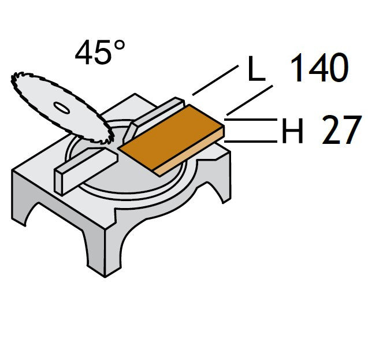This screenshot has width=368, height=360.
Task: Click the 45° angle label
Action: pos(100,52)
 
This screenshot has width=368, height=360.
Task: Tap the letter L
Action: pos(257,68)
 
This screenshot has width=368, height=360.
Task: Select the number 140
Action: pos(319,68)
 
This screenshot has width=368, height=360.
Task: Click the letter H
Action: pos(292,131)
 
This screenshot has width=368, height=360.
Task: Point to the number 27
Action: pos(341,129)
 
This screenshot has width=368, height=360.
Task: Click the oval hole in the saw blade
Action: pos(61,107)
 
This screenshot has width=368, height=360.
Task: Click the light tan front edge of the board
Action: pos(189,151)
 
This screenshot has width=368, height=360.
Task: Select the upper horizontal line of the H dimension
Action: pos(251,120)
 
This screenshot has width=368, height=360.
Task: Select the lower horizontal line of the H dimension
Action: pos(251,141)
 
